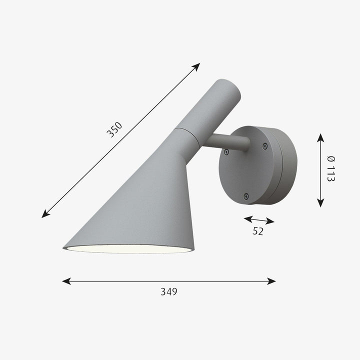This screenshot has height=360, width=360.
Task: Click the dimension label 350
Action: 114,130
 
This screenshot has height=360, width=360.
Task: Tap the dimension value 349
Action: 168,291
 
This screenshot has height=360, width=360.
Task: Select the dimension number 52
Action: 258,231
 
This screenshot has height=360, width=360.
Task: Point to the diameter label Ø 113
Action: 330,169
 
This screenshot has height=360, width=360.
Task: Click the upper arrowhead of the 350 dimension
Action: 197,66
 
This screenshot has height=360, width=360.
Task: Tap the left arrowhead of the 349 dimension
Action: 65,281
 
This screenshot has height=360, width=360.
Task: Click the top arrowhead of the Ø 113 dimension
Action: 320,136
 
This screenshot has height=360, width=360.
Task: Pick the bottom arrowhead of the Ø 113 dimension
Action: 320,203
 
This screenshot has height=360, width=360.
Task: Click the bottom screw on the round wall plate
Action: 245,196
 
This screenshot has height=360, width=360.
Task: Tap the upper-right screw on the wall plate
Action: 265,146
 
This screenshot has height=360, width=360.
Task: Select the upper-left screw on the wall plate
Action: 226,151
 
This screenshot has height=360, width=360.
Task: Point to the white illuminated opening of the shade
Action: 127,248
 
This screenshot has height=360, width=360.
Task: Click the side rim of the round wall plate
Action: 287,165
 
